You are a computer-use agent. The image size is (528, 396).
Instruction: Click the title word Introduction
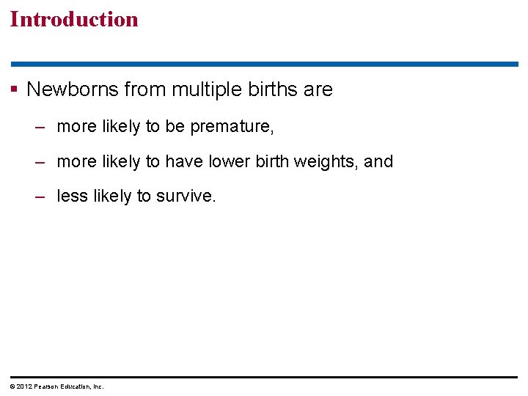(x=74, y=19)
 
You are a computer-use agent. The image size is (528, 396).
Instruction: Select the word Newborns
(x=73, y=89)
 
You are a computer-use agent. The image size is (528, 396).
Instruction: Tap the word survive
(x=186, y=197)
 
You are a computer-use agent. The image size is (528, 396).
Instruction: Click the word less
(x=72, y=197)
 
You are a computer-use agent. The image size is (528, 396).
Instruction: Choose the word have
(x=208, y=161)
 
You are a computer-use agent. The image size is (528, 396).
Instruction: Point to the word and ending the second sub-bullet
(x=378, y=161)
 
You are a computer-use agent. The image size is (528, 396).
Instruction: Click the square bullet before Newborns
(x=14, y=90)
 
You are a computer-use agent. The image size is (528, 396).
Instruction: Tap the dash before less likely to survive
(x=41, y=197)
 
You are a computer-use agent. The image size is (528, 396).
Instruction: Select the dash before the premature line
(x=41, y=127)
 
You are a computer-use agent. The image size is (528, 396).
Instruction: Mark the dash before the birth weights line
(x=41, y=161)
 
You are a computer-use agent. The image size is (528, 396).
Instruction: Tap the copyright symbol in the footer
(x=12, y=386)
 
